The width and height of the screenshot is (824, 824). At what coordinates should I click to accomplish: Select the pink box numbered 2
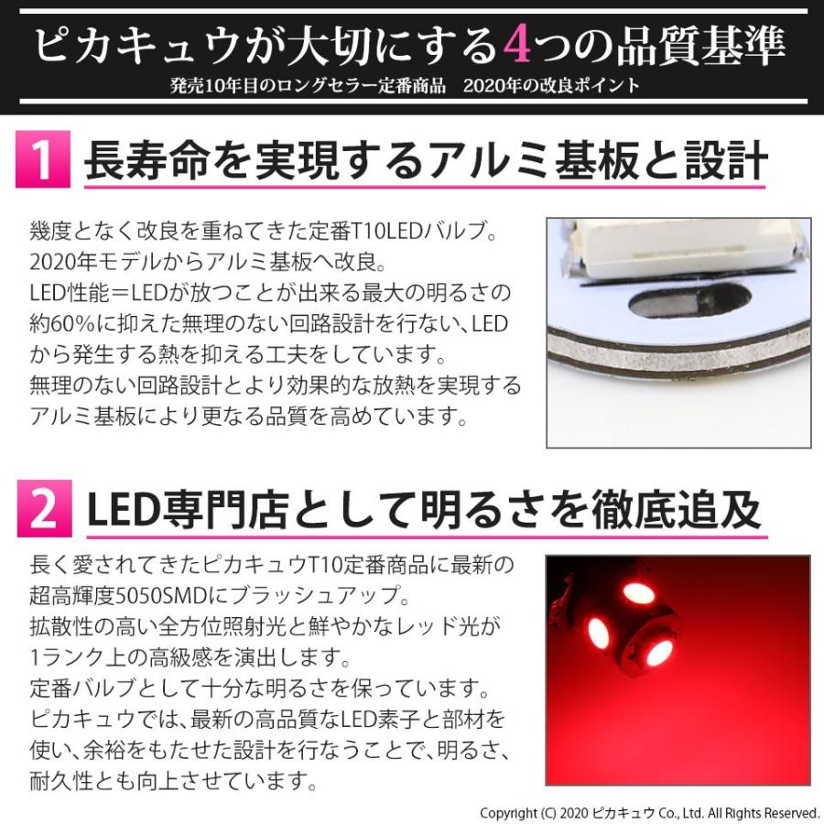click(43, 511)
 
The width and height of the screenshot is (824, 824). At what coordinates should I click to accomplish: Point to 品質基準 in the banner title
click(699, 44)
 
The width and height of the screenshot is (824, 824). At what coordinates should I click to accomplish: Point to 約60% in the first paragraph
click(63, 323)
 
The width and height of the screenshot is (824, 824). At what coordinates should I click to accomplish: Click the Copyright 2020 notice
click(649, 812)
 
